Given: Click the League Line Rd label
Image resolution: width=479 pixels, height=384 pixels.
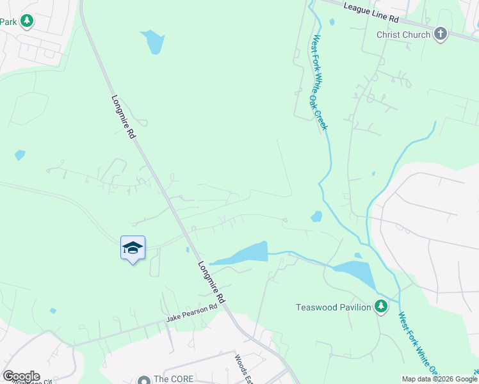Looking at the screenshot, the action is [x=371, y=7].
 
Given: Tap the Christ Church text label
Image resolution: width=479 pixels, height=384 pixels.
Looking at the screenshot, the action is [x=403, y=35].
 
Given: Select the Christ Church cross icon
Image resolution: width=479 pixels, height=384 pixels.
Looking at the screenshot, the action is [x=440, y=34].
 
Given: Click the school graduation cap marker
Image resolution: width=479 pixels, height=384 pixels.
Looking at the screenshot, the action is [x=133, y=248].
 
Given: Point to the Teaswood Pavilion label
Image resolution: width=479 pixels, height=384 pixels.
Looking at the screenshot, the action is [x=333, y=307].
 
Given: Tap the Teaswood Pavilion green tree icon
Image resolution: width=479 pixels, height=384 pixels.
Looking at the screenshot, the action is [x=381, y=307].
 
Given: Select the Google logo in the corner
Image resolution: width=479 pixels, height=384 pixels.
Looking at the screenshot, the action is [x=21, y=376].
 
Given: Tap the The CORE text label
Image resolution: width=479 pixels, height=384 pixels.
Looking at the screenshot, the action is [x=173, y=379].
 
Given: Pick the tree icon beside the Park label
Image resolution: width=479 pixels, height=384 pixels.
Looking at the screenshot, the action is [x=26, y=21].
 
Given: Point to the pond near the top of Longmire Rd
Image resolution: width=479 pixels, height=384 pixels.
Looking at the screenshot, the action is [x=154, y=42].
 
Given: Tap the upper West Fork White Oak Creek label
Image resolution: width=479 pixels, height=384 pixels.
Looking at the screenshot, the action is [x=319, y=83].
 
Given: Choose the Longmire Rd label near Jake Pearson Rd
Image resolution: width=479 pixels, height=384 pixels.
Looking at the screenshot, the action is [x=212, y=282].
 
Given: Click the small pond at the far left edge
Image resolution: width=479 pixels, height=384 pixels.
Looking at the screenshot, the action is [x=20, y=155].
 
